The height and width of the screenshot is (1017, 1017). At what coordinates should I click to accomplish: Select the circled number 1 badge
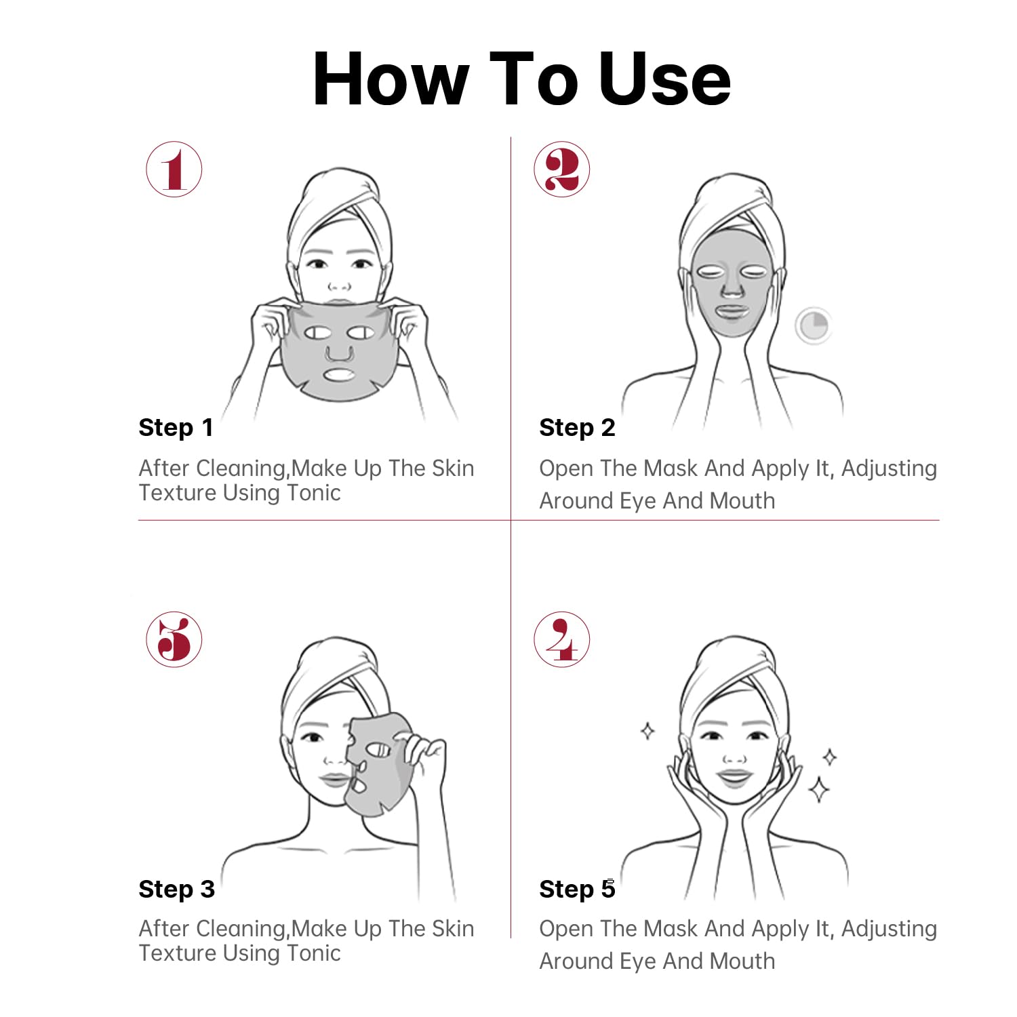coord(174,169)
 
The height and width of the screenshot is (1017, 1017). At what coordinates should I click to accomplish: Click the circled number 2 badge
coord(562,169)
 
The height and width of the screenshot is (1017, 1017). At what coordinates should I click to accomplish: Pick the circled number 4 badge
coord(562,639)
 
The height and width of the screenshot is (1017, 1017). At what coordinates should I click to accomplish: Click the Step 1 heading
coord(176,428)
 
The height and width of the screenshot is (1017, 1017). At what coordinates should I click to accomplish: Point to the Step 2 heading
coord(577,428)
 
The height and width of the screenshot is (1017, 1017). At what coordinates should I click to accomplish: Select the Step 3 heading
coord(176,889)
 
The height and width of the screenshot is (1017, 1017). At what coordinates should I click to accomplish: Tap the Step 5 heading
coord(577,889)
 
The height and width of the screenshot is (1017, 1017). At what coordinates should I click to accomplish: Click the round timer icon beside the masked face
coord(813,326)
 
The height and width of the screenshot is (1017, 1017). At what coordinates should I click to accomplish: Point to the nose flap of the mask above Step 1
coord(338,353)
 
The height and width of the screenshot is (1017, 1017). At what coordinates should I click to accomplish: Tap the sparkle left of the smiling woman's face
coord(648,731)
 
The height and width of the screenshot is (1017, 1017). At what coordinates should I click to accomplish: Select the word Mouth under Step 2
coord(742,501)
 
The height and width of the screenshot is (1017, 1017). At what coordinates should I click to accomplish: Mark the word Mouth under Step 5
coord(742,961)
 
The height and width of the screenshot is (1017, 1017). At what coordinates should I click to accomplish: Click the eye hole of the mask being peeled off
coord(379,750)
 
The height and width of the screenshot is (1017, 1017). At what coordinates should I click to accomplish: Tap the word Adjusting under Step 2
coord(889,469)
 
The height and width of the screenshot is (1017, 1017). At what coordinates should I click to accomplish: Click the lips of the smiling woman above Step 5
coord(735,777)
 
